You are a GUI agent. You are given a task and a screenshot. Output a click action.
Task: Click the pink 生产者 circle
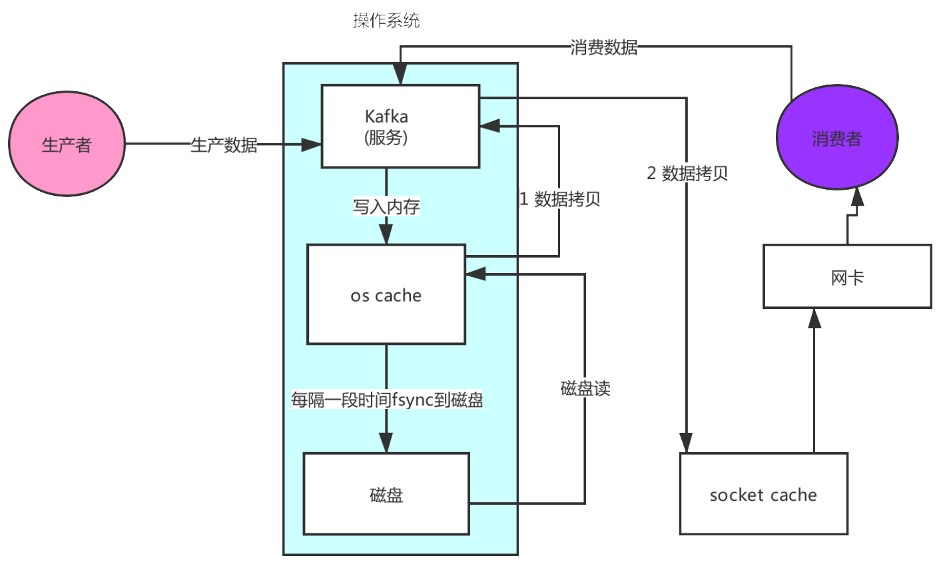[67, 144]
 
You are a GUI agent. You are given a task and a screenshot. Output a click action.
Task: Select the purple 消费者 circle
[837, 138]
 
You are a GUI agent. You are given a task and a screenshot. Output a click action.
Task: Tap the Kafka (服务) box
[400, 127]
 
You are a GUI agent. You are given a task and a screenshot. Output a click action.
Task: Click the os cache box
[386, 294]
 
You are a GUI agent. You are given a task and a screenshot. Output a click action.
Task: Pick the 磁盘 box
[386, 494]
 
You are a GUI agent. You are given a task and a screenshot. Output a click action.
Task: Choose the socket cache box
[764, 494]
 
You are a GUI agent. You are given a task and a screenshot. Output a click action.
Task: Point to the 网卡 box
[848, 276]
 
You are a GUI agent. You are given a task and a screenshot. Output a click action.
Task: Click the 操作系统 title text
[386, 20]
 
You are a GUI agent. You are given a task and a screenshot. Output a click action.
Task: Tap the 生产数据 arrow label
[224, 144]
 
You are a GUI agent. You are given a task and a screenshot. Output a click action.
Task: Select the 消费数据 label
[604, 47]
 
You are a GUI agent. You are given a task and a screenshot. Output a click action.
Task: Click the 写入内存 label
[386, 206]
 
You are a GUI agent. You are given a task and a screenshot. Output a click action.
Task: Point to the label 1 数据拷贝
[560, 199]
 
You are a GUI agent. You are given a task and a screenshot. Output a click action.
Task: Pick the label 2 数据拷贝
[687, 173]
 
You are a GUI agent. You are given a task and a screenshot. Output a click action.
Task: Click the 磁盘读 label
[585, 388]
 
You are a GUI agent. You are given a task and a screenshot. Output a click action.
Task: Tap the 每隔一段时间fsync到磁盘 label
[386, 400]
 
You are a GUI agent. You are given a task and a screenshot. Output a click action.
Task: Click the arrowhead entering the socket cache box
[686, 443]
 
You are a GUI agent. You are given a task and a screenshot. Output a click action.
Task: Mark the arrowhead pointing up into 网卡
[814, 318]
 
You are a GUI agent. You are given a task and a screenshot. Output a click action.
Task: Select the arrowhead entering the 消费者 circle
[857, 197]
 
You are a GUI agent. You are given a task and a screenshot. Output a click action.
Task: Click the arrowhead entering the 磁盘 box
[386, 443]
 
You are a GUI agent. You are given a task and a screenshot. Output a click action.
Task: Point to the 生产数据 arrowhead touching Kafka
[312, 144]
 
